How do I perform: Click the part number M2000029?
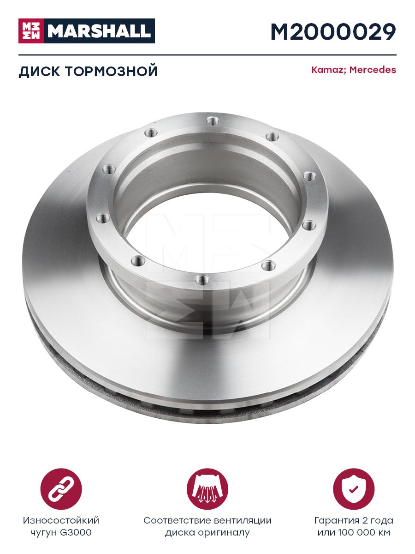pos(333,32)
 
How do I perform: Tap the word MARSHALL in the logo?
pos(99,31)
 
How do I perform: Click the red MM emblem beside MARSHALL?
pos(31,31)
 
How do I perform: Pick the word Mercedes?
pos(373,70)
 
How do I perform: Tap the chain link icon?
pos(61,489)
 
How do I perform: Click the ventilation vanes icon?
pos(207,489)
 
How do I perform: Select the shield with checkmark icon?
pos(354,489)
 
